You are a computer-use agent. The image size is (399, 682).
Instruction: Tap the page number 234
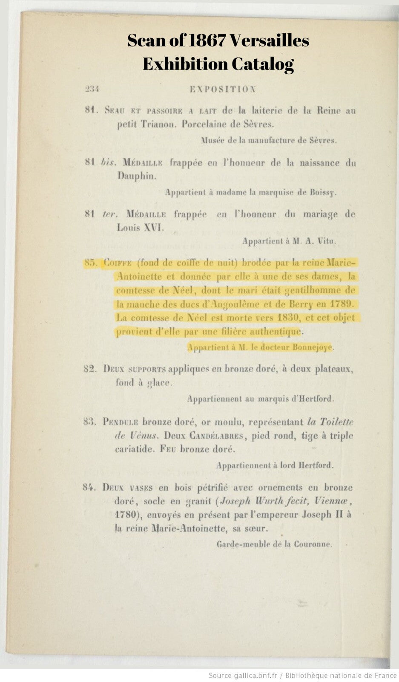click(92, 89)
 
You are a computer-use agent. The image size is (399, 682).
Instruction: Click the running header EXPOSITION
click(223, 89)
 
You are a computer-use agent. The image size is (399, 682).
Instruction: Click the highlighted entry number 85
click(91, 263)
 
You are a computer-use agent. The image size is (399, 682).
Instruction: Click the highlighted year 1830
click(290, 318)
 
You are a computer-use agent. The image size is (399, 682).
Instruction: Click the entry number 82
click(90, 369)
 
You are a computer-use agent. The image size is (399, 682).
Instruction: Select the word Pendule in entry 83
click(121, 422)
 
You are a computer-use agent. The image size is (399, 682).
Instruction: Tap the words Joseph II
click(322, 514)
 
